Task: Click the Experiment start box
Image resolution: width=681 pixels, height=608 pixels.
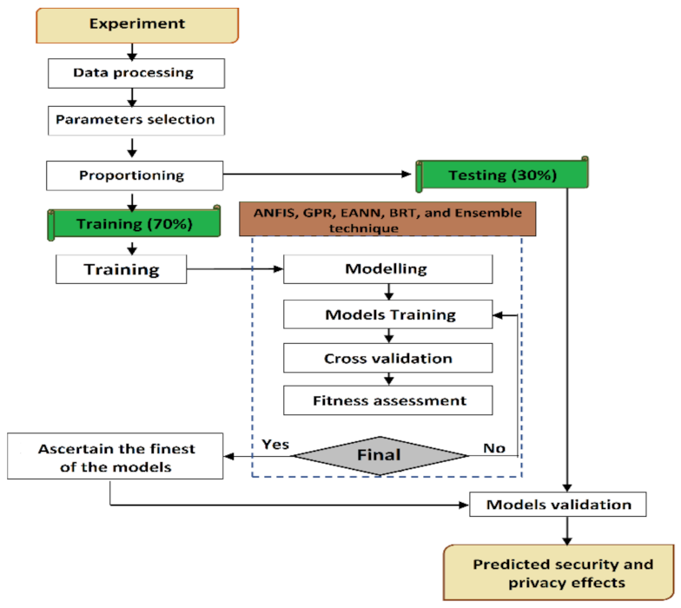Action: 136,23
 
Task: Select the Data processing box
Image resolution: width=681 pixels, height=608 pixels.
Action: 133,74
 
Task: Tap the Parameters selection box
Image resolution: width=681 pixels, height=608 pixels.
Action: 134,119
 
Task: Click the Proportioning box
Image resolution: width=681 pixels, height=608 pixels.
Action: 133,175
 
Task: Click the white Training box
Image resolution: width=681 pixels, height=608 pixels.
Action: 121,269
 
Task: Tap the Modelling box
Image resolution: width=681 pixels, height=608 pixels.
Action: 387,269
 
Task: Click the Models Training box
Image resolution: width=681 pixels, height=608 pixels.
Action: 388,314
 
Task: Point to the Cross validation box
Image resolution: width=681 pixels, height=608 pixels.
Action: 388,358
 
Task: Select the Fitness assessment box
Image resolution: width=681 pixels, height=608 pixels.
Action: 388,400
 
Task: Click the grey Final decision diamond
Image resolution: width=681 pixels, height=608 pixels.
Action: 380,454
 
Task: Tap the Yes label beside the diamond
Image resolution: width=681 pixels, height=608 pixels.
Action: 275,445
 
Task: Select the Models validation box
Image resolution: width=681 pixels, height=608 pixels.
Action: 559,505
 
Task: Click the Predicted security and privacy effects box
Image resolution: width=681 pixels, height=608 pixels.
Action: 560,573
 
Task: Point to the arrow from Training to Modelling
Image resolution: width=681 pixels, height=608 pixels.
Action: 235,269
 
